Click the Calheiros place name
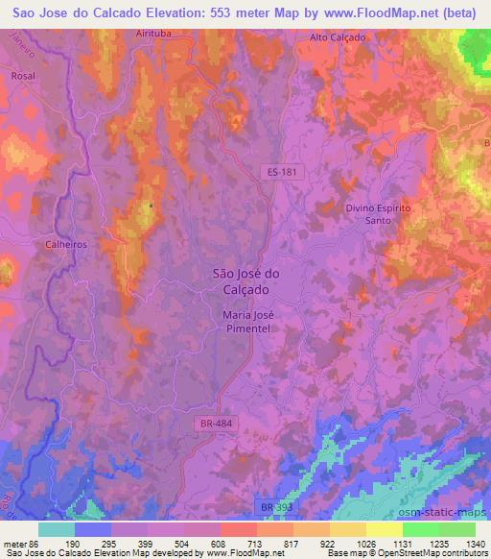[66, 245]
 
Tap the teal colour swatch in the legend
[57, 528]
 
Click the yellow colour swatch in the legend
[386, 528]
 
